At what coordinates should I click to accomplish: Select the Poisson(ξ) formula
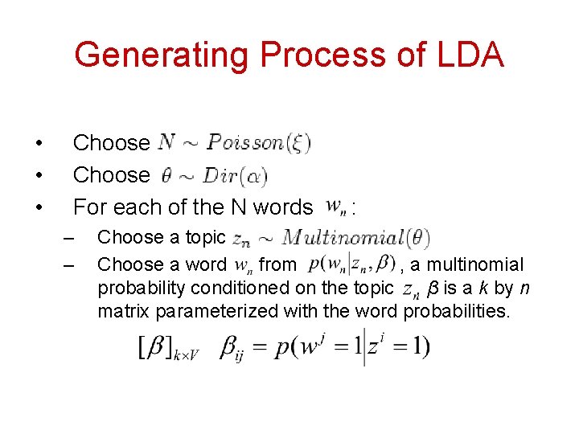257,143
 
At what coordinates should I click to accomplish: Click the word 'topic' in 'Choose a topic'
205,238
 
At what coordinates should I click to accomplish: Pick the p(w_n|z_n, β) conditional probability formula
351,264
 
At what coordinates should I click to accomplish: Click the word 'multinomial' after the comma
474,264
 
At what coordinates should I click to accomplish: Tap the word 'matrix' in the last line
125,310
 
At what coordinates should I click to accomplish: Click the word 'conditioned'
246,288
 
